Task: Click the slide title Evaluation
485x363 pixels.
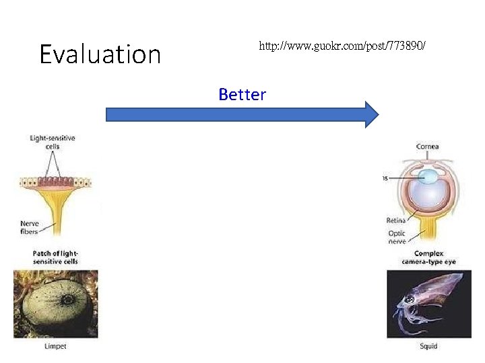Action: pyautogui.click(x=100, y=54)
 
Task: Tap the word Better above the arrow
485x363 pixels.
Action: pyautogui.click(x=242, y=95)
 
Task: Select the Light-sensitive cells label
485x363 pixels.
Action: pyautogui.click(x=53, y=142)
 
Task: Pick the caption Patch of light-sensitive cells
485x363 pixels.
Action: pyautogui.click(x=55, y=257)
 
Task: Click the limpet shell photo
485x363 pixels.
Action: pyautogui.click(x=55, y=305)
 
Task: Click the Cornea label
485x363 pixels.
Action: pyautogui.click(x=428, y=146)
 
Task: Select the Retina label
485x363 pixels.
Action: pyautogui.click(x=395, y=220)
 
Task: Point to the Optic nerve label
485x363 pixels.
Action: pyautogui.click(x=397, y=237)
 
